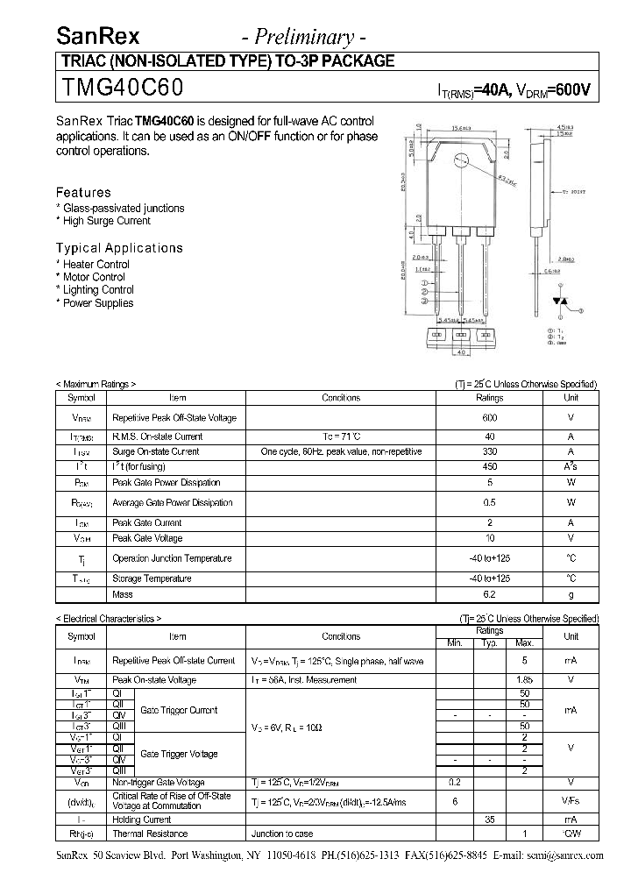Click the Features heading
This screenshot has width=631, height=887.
tap(83, 192)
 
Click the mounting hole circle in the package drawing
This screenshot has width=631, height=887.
tap(461, 161)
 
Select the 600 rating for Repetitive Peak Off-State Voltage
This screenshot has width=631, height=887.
tap(489, 418)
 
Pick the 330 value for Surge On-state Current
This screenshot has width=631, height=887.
tap(489, 451)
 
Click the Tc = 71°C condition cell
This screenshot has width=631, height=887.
tap(341, 436)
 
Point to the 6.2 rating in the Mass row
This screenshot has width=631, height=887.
tap(489, 594)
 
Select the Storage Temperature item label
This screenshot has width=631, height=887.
tap(152, 578)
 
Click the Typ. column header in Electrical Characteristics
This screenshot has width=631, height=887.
tap(489, 643)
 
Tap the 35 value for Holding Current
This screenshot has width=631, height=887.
tap(489, 819)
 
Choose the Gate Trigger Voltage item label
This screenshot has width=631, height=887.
tap(179, 754)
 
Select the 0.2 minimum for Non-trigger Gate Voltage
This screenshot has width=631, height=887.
tap(455, 782)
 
